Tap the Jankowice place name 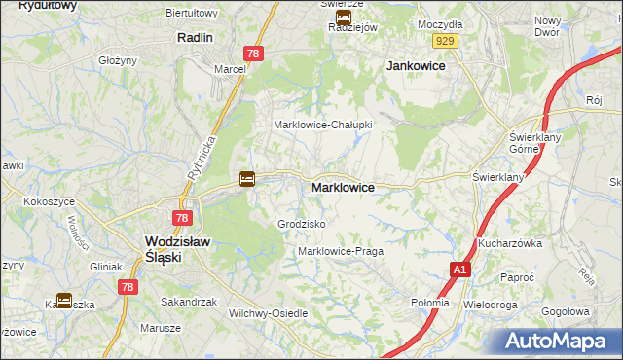416,65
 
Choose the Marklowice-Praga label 341,251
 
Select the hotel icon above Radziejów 343,17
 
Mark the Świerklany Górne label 531,143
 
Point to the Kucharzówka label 509,243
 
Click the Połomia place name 430,303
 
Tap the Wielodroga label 491,305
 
